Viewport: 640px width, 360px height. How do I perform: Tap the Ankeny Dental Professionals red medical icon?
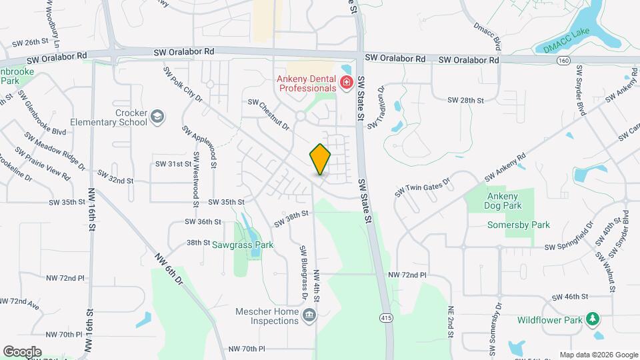tap(346, 83)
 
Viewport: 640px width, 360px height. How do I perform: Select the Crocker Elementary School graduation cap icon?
tap(157, 117)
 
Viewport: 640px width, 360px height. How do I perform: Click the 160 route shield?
tap(564, 60)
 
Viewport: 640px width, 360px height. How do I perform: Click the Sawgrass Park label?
tap(243, 245)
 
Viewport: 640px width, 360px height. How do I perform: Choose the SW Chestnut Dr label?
tap(269, 114)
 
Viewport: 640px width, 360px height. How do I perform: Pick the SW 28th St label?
tap(465, 100)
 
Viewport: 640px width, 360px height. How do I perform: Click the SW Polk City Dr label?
tap(183, 85)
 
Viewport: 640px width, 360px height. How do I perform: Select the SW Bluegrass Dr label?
tap(303, 264)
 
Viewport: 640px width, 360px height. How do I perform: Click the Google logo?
tap(22, 351)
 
